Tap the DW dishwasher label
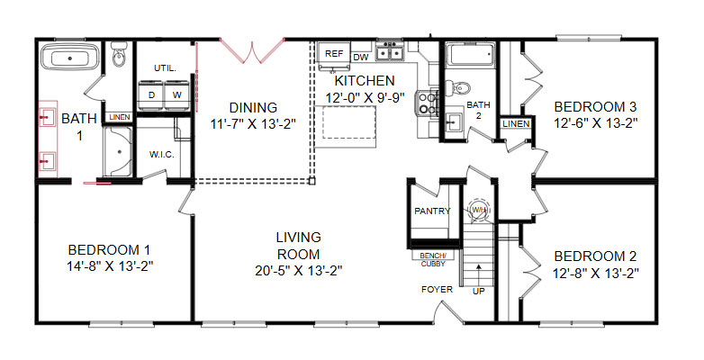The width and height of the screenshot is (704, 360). [x=361, y=58]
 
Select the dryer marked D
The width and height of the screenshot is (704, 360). [x=151, y=95]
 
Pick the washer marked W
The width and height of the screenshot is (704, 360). [x=177, y=95]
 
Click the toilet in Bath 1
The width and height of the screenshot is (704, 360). [x=120, y=55]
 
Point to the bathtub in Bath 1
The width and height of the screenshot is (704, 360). [x=70, y=57]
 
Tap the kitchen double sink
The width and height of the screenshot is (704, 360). [x=390, y=52]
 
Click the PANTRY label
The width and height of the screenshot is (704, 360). [x=432, y=211]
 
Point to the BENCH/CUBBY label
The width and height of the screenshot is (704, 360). [x=433, y=260]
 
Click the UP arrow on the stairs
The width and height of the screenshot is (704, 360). [x=479, y=273]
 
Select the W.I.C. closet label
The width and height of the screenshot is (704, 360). [x=162, y=155]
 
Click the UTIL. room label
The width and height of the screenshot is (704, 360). [x=166, y=68]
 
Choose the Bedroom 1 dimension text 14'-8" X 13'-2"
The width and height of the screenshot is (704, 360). [x=110, y=266]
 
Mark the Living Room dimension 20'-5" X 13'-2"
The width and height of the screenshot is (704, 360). [x=299, y=271]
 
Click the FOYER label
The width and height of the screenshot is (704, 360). [x=437, y=290]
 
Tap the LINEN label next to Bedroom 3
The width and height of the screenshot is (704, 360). [x=516, y=123]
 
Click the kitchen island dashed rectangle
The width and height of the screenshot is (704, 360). [x=349, y=122]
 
